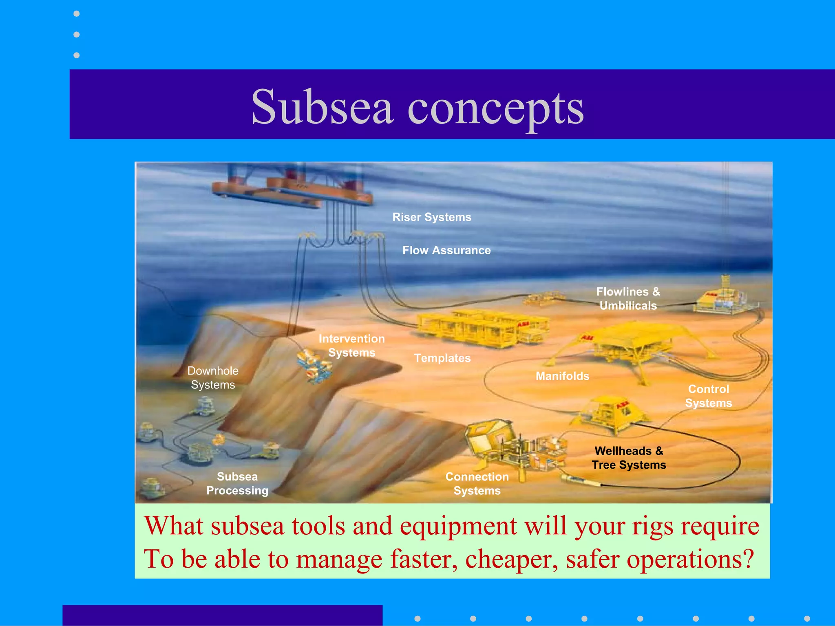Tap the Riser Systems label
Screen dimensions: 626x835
pos(431,217)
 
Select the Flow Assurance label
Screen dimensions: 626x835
pos(446,250)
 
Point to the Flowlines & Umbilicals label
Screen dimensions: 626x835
pos(628,298)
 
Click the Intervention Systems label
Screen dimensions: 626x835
pos(351,345)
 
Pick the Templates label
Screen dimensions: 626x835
pos(442,358)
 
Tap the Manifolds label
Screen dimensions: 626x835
pos(562,376)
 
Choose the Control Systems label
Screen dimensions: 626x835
pos(709,396)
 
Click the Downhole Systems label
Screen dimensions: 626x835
pos(213,377)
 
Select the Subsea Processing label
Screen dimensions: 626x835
pos(237,483)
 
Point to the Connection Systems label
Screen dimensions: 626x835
pos(477,483)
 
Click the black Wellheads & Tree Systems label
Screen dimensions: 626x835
pos(629,458)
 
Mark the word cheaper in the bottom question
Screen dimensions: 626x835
pos(511,559)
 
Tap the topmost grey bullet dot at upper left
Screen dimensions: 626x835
pos(76,14)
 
